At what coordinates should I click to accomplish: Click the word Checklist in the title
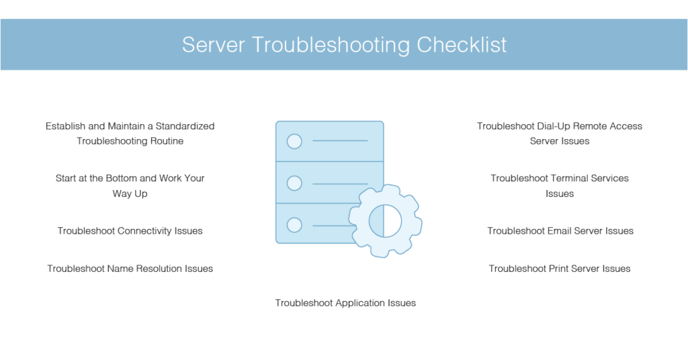pos(461,45)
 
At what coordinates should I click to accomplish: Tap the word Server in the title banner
pos(213,45)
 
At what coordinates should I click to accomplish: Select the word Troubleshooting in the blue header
pos(331,46)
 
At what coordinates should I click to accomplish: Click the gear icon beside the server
pos(385,220)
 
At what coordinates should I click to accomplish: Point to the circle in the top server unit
pos(294,141)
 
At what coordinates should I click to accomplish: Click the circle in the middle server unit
pos(294,183)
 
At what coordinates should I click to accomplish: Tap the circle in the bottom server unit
pos(294,225)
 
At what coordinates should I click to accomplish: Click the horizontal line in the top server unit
pos(340,141)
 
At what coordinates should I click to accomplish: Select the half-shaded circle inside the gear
pos(385,220)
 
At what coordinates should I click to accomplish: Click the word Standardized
pos(185,126)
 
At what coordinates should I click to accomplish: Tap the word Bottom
pos(121,179)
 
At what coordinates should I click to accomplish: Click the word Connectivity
pos(145,231)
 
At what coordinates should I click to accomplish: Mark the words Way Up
pos(130,194)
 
